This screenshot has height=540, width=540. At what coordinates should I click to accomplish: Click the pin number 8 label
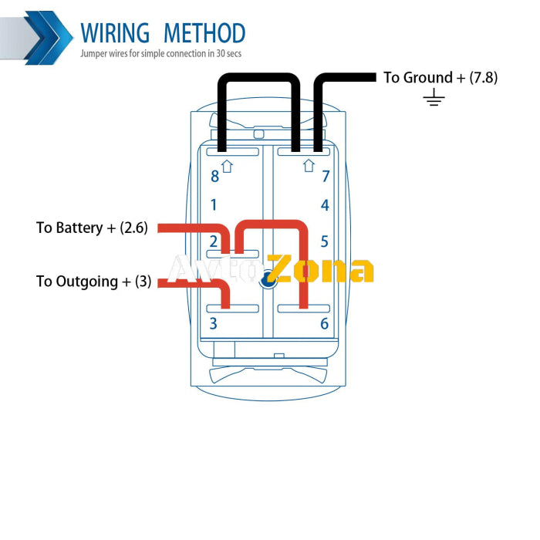pos(214,177)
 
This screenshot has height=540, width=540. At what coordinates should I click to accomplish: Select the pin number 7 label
pos(326,177)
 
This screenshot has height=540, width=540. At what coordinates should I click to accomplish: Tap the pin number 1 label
pos(214,205)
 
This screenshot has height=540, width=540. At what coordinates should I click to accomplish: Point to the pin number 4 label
pos(326,205)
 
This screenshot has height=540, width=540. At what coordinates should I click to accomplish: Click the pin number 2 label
pos(214,241)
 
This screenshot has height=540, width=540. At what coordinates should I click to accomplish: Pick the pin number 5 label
pos(325,241)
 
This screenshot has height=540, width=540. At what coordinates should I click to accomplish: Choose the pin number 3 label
pos(214,323)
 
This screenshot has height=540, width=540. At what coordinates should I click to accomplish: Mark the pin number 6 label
pos(325,323)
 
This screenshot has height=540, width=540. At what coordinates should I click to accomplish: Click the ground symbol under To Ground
pos(435,98)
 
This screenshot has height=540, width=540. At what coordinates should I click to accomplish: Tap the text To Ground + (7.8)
pos(440,77)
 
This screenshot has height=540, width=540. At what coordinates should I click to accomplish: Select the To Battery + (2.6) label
pos(96,228)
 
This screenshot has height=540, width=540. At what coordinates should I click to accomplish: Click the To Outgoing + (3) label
pos(93,282)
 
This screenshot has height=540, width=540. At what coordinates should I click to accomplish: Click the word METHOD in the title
pos(204,33)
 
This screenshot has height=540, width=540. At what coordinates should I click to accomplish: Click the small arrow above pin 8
pos(227,165)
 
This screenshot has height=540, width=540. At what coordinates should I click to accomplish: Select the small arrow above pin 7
pos(309,165)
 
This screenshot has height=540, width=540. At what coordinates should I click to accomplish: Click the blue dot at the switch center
pos(268,281)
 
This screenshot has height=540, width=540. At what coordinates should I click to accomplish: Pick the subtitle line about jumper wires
pos(160,55)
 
